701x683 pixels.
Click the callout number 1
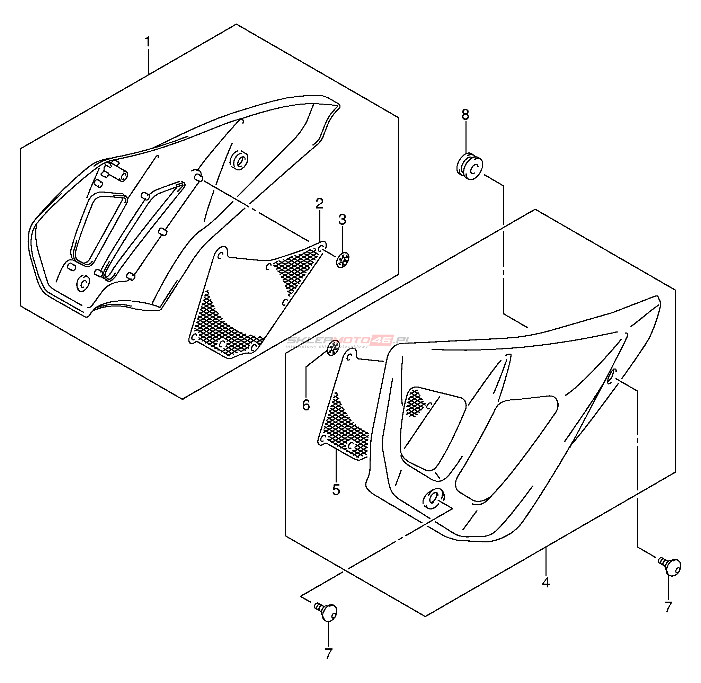(x=148, y=42)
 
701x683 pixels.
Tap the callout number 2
(x=319, y=204)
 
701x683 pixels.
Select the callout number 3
(x=342, y=220)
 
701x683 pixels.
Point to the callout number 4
(x=545, y=582)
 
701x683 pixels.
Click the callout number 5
(x=336, y=490)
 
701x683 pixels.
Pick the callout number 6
(x=306, y=405)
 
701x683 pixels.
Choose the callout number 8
(x=465, y=115)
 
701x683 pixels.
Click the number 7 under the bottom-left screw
(x=328, y=654)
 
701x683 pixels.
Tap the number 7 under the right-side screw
(x=668, y=607)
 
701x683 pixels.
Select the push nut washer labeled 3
(x=343, y=260)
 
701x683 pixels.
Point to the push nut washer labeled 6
(x=333, y=348)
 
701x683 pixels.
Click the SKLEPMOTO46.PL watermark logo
(x=347, y=341)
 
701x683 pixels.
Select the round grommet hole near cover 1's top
(x=239, y=160)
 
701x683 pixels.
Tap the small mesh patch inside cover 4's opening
(x=415, y=402)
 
